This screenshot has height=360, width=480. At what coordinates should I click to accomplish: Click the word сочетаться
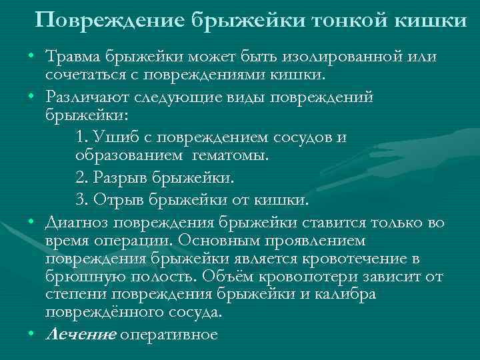pos(82,72)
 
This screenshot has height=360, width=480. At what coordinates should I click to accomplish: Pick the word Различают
pos(86,97)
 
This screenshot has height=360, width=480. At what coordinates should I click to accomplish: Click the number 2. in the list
pos(83,178)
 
